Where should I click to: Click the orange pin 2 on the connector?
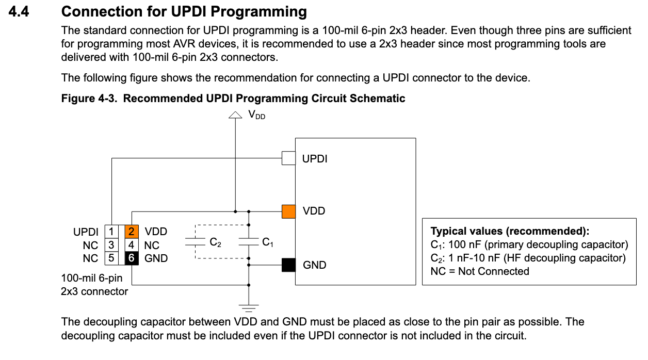pyautogui.click(x=132, y=232)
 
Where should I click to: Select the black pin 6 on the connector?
pyautogui.click(x=132, y=258)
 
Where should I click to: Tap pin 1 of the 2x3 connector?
pyautogui.click(x=111, y=232)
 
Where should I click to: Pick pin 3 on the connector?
pyautogui.click(x=111, y=245)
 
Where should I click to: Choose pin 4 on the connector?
pyautogui.click(x=132, y=245)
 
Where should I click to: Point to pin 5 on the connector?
pyautogui.click(x=111, y=258)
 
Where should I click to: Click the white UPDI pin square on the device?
pyautogui.click(x=288, y=158)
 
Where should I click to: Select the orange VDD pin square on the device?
pyautogui.click(x=288, y=211)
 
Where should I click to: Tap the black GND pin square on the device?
pyautogui.click(x=288, y=265)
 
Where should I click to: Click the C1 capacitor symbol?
pyautogui.click(x=249, y=242)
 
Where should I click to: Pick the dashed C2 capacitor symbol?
pyautogui.click(x=195, y=242)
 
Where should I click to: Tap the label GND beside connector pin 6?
pyautogui.click(x=156, y=258)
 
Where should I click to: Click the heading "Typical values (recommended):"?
pyautogui.click(x=510, y=231)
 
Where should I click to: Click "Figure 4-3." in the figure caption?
pyautogui.click(x=90, y=98)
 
